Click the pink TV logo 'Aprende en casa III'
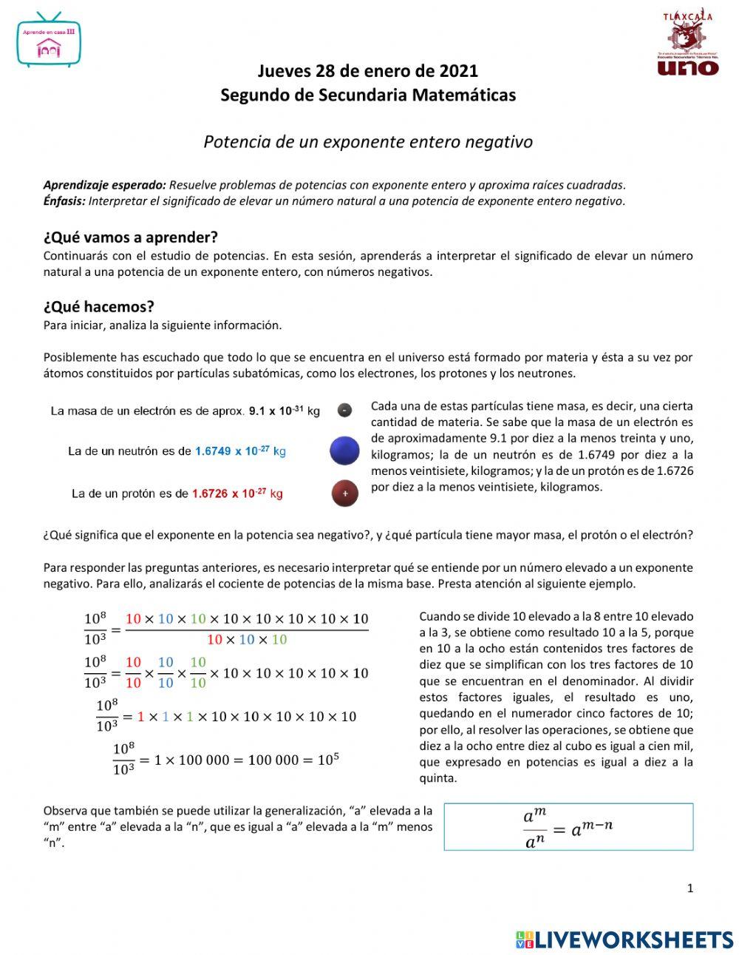[x=49, y=41]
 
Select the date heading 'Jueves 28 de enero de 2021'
[x=367, y=71]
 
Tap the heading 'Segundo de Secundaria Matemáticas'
[x=367, y=95]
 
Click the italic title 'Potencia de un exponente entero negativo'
[x=368, y=141]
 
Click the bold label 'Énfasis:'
[x=64, y=200]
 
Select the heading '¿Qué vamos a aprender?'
[x=131, y=237]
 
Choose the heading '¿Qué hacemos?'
[x=98, y=306]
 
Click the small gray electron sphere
[x=344, y=410]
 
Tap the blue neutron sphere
[x=344, y=450]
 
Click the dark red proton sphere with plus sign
[x=344, y=493]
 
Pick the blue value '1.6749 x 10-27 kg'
[x=240, y=450]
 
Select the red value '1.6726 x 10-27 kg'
[x=236, y=493]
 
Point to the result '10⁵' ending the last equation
[x=328, y=759]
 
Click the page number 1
[x=690, y=888]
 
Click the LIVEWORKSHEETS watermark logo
[x=624, y=939]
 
